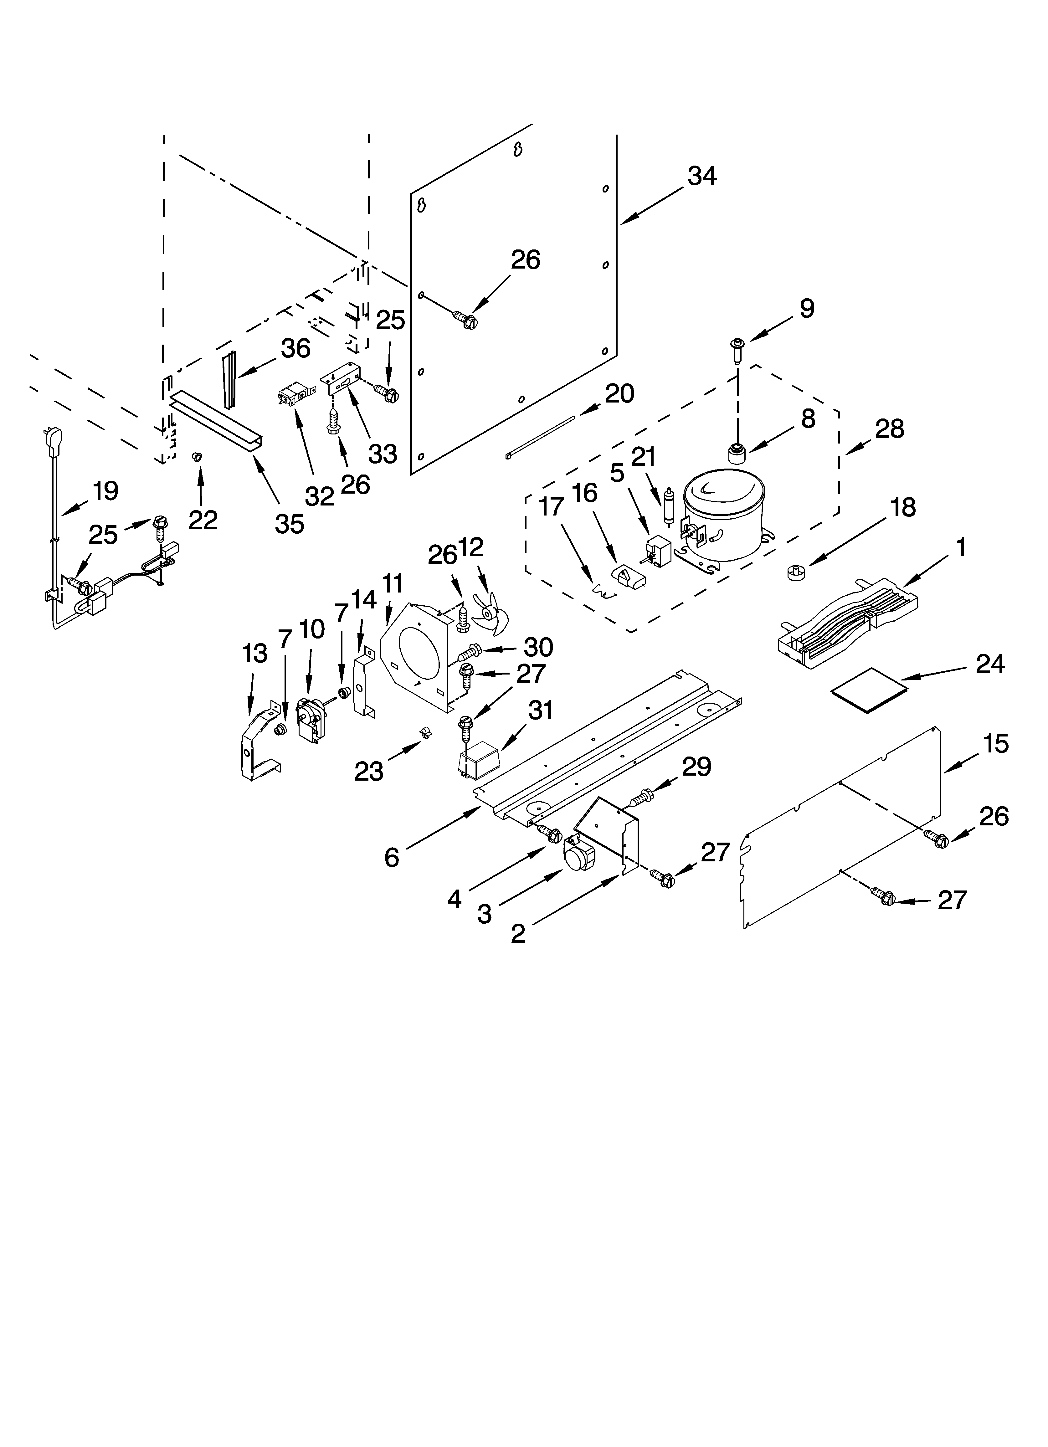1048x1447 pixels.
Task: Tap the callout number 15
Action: click(x=996, y=743)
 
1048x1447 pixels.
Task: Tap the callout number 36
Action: click(x=295, y=348)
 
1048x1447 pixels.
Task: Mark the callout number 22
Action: click(x=203, y=520)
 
